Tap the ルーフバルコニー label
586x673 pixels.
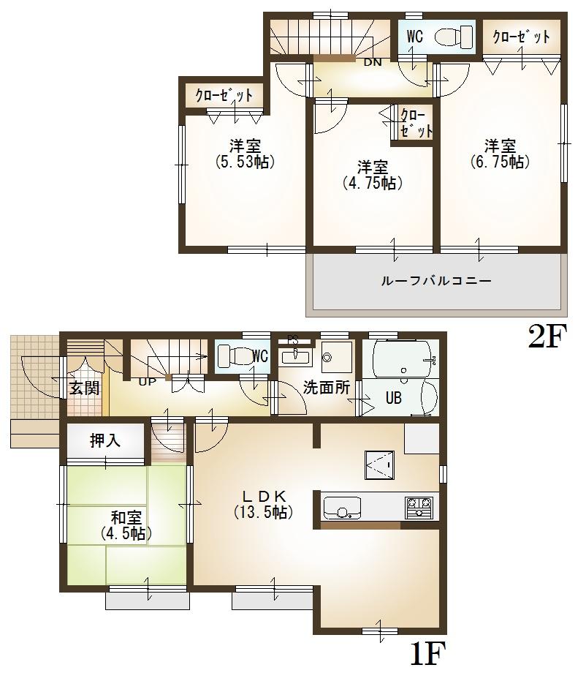click(435, 280)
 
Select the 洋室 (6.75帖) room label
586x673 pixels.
click(500, 154)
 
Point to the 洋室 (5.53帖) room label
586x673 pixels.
click(245, 154)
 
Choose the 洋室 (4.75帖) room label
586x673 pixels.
click(373, 175)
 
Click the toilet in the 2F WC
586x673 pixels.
click(454, 37)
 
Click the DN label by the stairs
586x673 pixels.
click(373, 62)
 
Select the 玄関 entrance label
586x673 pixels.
click(84, 388)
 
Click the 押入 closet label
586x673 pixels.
click(106, 440)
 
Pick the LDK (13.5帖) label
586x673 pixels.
click(263, 503)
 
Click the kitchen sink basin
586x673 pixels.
click(342, 506)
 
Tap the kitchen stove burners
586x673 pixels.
click(419, 506)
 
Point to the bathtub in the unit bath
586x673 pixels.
click(401, 358)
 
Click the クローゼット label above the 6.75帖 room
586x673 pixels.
click(521, 37)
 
